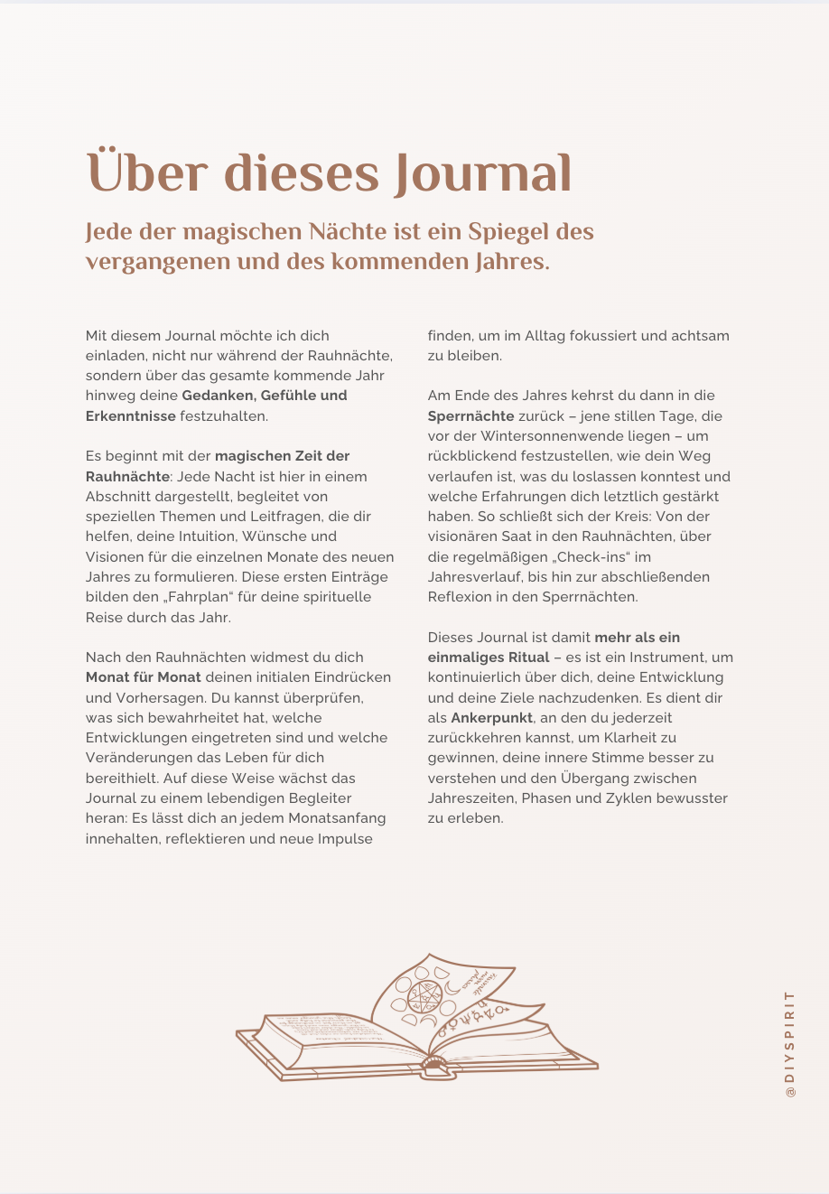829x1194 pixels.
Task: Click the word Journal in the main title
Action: (x=483, y=173)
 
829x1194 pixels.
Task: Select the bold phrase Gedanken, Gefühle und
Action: (x=265, y=396)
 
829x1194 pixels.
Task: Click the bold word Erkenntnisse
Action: (x=131, y=415)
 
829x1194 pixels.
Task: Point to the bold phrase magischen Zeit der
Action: (x=282, y=456)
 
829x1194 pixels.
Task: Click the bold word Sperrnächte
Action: (x=471, y=416)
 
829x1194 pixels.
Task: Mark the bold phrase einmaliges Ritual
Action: (x=489, y=658)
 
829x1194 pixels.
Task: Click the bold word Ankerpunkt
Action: (x=492, y=718)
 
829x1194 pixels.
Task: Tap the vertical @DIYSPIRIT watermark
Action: (x=790, y=1043)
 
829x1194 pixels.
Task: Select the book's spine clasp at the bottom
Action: (x=434, y=1064)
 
